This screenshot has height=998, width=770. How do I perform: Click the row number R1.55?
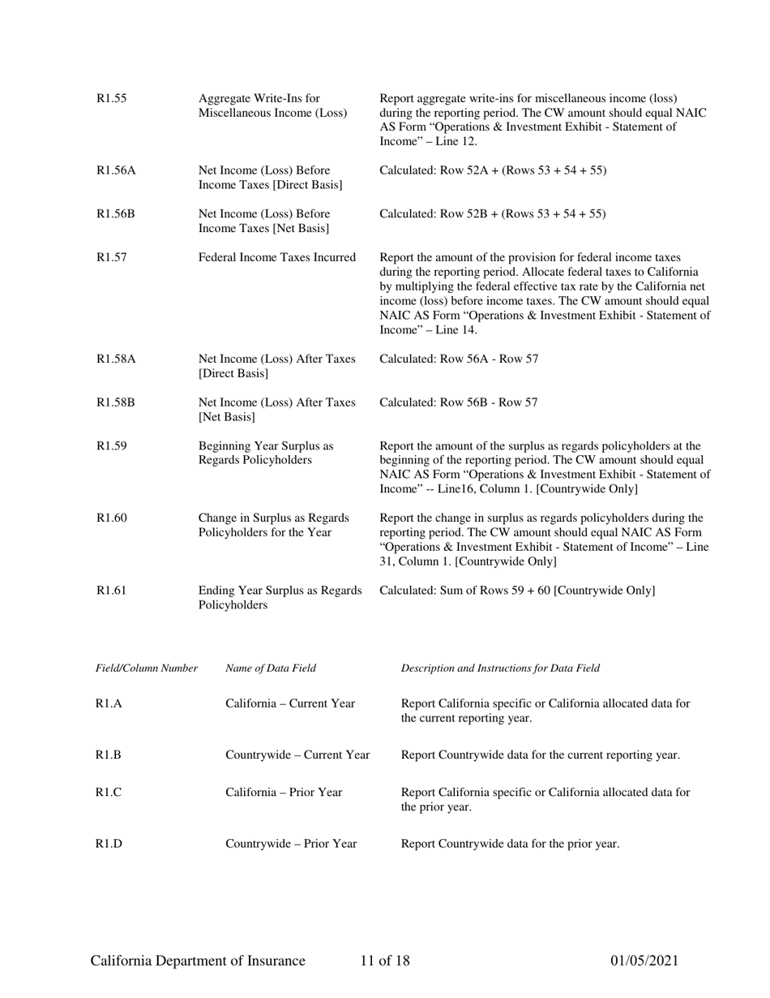click(111, 99)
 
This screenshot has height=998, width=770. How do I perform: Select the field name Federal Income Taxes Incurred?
click(277, 258)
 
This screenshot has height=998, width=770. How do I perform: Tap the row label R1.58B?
click(116, 402)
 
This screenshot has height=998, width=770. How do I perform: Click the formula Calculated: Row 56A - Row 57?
click(459, 359)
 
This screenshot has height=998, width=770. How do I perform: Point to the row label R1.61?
click(111, 591)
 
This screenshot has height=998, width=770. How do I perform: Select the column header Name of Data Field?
click(271, 669)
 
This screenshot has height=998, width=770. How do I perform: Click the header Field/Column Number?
click(147, 669)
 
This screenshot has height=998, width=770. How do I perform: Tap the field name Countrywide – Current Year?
click(297, 755)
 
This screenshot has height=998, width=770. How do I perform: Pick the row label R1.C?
click(109, 793)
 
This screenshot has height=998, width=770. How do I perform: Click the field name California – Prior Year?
click(284, 793)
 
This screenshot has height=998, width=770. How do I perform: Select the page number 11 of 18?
click(385, 961)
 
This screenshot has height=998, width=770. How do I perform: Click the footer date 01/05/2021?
click(644, 961)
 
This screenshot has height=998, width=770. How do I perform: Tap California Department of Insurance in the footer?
click(198, 961)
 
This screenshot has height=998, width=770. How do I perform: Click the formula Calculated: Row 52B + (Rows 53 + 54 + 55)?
click(493, 214)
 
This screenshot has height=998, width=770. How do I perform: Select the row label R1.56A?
click(116, 170)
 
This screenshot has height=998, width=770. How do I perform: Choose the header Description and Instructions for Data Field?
click(500, 669)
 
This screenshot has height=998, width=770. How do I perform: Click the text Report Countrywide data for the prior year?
click(510, 845)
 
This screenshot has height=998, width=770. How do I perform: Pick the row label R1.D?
click(109, 845)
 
